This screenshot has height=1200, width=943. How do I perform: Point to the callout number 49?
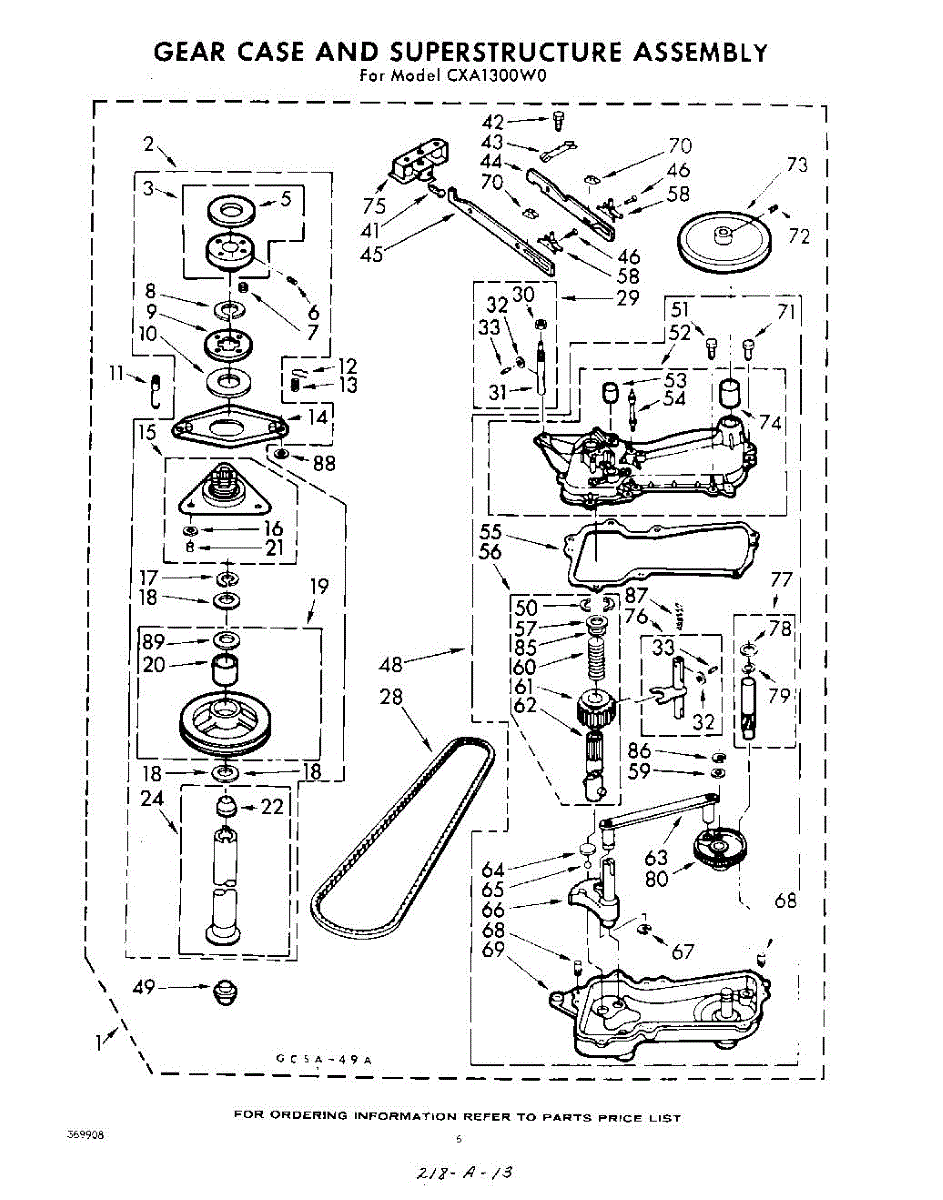click(x=145, y=988)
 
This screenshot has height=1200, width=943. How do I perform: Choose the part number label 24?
click(x=151, y=799)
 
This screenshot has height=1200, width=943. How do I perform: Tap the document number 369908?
click(x=86, y=1136)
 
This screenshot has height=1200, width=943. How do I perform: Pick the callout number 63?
click(x=656, y=857)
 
